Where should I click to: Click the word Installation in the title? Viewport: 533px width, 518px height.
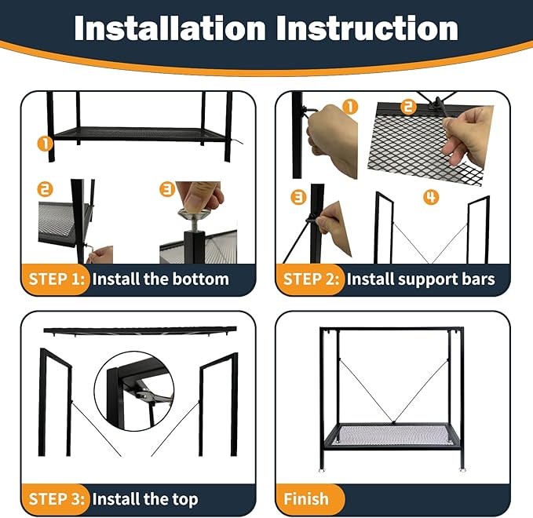click(169, 28)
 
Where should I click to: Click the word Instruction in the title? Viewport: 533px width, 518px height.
click(367, 28)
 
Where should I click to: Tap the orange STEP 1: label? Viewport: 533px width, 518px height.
click(57, 279)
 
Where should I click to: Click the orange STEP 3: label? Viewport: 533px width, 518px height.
click(57, 498)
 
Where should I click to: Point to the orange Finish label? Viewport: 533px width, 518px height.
click(306, 498)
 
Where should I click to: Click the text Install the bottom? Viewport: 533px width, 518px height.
click(161, 279)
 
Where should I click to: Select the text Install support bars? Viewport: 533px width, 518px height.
click(421, 279)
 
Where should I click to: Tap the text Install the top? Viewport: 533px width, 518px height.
click(145, 498)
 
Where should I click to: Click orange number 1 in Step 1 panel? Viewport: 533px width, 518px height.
click(46, 143)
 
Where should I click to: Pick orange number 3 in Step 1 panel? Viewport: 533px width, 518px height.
click(167, 189)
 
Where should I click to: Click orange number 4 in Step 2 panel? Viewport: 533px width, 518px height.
click(430, 197)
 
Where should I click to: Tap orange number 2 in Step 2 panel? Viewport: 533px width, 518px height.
click(408, 107)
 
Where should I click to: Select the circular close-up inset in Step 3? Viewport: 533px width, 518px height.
click(134, 388)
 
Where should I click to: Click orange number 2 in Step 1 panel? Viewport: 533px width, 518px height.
click(46, 189)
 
